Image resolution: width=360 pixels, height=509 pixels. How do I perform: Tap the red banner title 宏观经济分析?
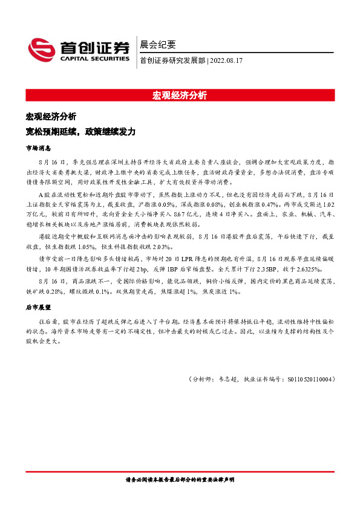pyautogui.click(x=180, y=96)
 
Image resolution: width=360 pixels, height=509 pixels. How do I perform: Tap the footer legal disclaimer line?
pyautogui.click(x=180, y=479)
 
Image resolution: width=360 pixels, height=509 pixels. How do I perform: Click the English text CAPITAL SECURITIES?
pyautogui.click(x=94, y=59)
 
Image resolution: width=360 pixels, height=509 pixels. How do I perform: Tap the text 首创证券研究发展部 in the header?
pyautogui.click(x=172, y=60)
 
